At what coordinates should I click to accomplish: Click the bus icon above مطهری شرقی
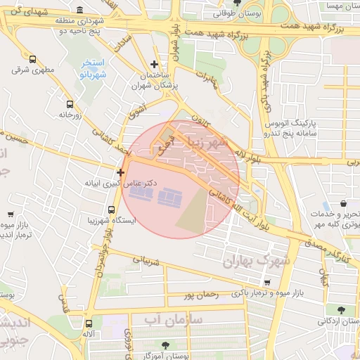click(x=33, y=59)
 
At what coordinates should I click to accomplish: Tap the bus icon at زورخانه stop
click(x=69, y=103)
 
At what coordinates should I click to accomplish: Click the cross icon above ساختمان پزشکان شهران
click(x=155, y=65)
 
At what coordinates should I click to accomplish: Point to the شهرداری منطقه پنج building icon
click(x=79, y=11)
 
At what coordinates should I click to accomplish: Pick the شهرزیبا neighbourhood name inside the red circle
click(x=205, y=144)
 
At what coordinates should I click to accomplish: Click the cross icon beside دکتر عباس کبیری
click(x=121, y=172)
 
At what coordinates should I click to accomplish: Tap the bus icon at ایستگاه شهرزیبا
click(x=112, y=210)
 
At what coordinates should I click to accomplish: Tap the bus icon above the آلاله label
click(x=89, y=324)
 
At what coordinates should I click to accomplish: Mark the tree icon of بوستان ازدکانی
click(x=340, y=310)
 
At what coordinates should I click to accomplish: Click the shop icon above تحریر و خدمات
click(x=343, y=204)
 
